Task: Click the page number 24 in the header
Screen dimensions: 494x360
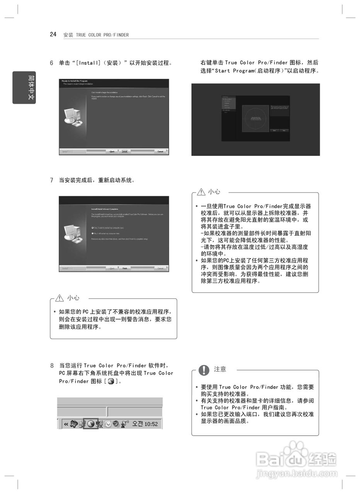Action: click(53, 34)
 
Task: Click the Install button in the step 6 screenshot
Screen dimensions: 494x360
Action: click(125, 152)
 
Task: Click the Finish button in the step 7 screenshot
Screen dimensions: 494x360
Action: click(125, 268)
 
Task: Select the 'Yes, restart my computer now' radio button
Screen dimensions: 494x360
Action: click(92, 228)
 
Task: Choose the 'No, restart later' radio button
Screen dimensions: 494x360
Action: click(92, 233)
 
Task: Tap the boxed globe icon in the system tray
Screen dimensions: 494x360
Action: click(91, 424)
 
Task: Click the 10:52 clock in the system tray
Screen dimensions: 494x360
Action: click(151, 424)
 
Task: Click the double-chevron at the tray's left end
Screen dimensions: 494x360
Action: click(66, 424)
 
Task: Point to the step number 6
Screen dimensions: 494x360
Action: click(51, 63)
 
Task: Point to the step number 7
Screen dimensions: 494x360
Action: click(51, 180)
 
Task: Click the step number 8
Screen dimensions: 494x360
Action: click(51, 365)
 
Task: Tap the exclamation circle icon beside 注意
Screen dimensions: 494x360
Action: click(204, 370)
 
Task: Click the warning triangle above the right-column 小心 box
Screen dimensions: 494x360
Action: click(201, 192)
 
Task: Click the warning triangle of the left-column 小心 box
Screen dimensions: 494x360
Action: click(59, 298)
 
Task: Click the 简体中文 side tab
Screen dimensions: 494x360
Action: click(24, 88)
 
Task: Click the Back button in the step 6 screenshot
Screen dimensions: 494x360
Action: click(112, 152)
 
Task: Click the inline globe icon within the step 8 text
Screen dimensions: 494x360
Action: click(111, 381)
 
